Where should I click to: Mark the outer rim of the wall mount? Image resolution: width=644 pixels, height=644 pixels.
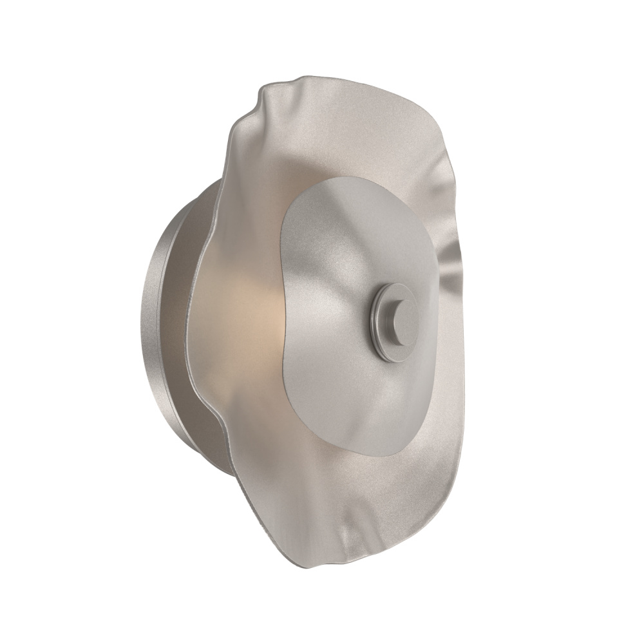(x=147, y=322)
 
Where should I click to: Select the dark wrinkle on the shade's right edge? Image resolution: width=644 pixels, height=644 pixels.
(x=451, y=258)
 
